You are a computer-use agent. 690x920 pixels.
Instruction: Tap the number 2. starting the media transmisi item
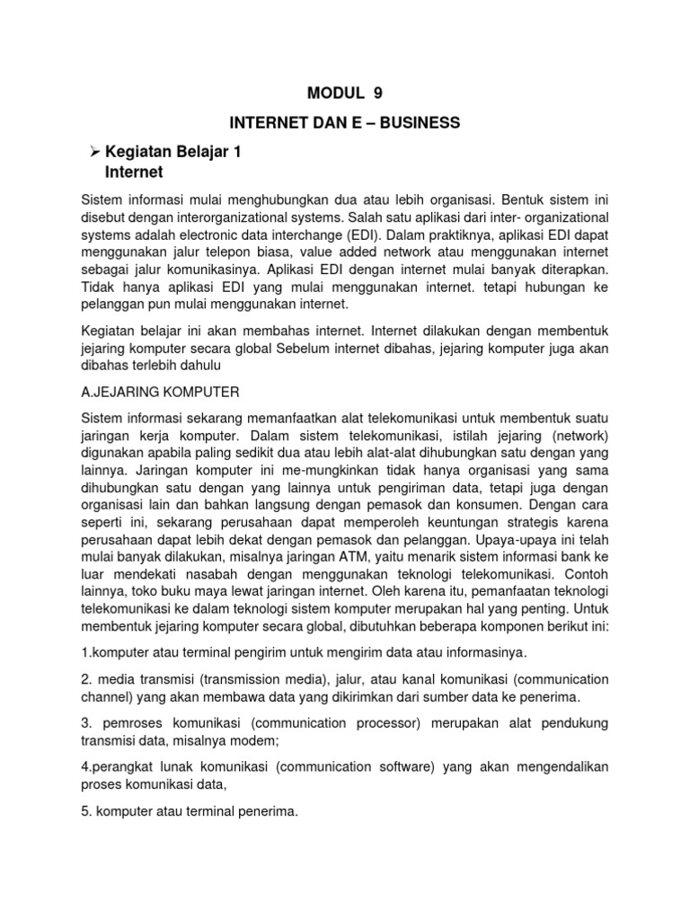click(x=87, y=679)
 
